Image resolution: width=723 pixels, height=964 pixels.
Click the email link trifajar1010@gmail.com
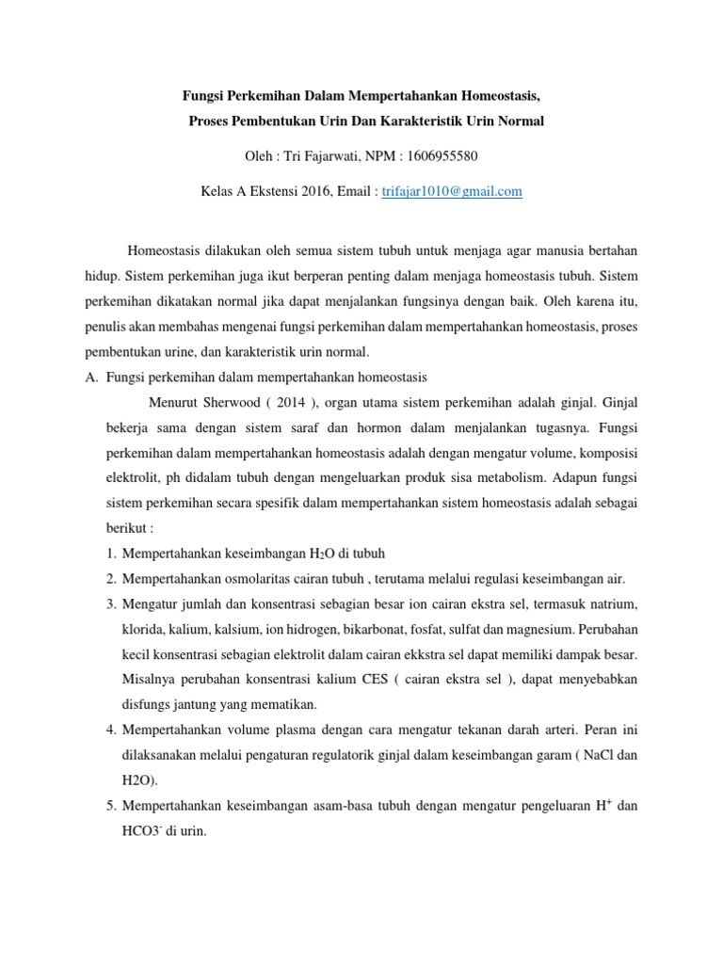pos(452,191)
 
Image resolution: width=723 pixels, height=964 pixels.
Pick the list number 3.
pos(110,602)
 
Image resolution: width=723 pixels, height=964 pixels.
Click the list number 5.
pos(110,806)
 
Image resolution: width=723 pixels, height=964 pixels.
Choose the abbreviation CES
pos(378,679)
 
